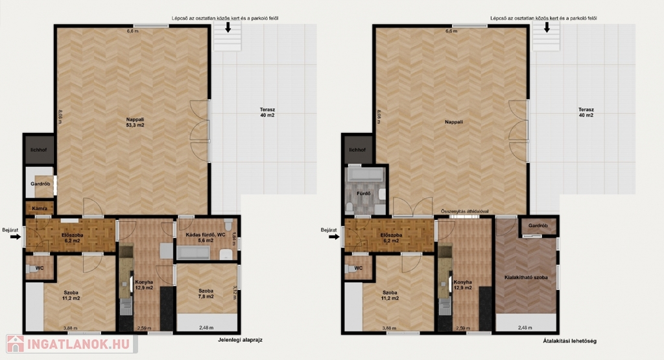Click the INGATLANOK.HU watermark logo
tap(71, 344)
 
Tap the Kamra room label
tap(40, 209)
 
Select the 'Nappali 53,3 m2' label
tap(135, 123)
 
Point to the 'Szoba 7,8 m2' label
tap(206, 293)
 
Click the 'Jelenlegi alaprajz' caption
tap(240, 340)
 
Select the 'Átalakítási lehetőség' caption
tap(569, 341)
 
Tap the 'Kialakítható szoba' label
tap(526, 278)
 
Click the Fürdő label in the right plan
tap(364, 193)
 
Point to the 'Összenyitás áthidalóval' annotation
tap(464, 211)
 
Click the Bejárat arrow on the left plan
tap(16, 237)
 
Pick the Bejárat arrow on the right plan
tap(334, 237)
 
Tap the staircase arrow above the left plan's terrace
tap(228, 27)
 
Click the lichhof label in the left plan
tap(38, 150)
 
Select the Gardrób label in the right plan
tap(538, 226)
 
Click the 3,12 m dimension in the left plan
tap(235, 293)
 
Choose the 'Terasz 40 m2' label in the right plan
tap(586, 112)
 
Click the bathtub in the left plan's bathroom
tap(193, 253)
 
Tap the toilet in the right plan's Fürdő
tap(350, 207)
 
